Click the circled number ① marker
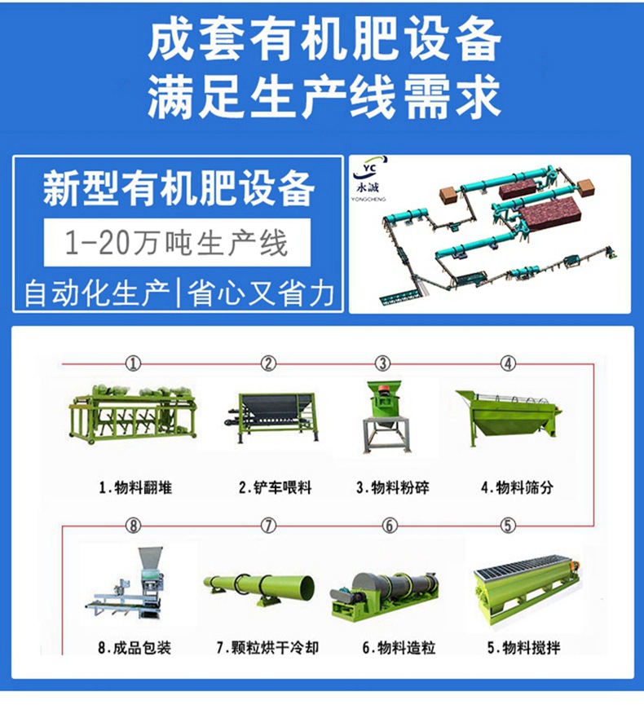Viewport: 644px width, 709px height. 133,363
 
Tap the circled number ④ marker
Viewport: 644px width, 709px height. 508,363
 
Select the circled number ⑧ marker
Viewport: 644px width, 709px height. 133,526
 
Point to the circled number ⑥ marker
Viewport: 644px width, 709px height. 390,526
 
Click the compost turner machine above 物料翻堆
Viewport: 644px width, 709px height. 133,414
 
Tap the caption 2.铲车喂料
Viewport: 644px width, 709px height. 275,487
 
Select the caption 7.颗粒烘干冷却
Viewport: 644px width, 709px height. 267,648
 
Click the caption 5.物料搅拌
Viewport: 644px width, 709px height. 523,648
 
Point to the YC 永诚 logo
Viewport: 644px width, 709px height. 369,179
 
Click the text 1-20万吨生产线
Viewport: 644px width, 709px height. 176,243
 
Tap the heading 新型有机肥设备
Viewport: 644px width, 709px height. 179,188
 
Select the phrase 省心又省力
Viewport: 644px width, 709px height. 261,293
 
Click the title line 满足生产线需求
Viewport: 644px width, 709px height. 324,97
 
